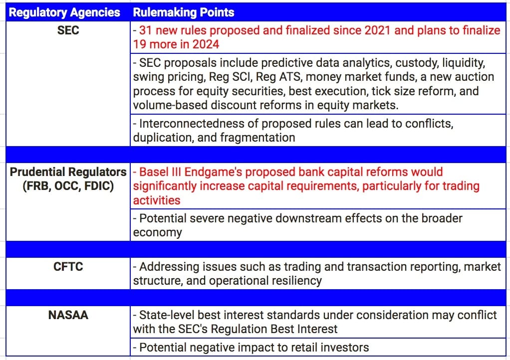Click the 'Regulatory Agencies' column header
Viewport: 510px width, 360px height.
point(64,12)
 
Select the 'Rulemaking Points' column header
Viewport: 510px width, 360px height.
point(184,12)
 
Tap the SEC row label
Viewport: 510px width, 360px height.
point(68,30)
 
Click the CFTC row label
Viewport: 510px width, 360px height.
point(68,266)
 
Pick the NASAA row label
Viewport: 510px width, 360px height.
point(68,315)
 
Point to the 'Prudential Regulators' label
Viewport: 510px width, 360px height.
point(68,172)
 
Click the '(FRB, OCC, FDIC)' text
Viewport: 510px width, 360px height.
point(68,186)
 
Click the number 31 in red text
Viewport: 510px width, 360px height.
point(145,30)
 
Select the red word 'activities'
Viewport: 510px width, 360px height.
point(157,200)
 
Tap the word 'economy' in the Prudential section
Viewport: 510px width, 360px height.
point(157,233)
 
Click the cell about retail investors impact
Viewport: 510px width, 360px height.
point(318,347)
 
